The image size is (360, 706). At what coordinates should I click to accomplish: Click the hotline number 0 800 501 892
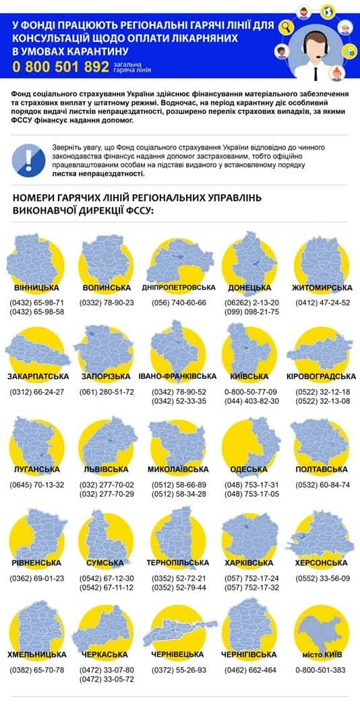pyautogui.click(x=60, y=66)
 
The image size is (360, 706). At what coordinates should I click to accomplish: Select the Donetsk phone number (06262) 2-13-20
pyautogui.click(x=249, y=303)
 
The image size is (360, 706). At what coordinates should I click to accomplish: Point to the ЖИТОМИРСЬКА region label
pyautogui.click(x=322, y=288)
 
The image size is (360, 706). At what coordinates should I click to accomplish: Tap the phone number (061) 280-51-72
pyautogui.click(x=107, y=392)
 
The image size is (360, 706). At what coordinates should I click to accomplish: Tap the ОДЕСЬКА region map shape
pyautogui.click(x=251, y=441)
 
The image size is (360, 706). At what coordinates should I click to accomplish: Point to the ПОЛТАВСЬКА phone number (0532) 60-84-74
pyautogui.click(x=322, y=485)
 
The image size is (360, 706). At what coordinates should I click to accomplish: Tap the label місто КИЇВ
pyautogui.click(x=322, y=654)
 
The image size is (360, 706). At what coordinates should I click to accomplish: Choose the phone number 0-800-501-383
pyautogui.click(x=321, y=670)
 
